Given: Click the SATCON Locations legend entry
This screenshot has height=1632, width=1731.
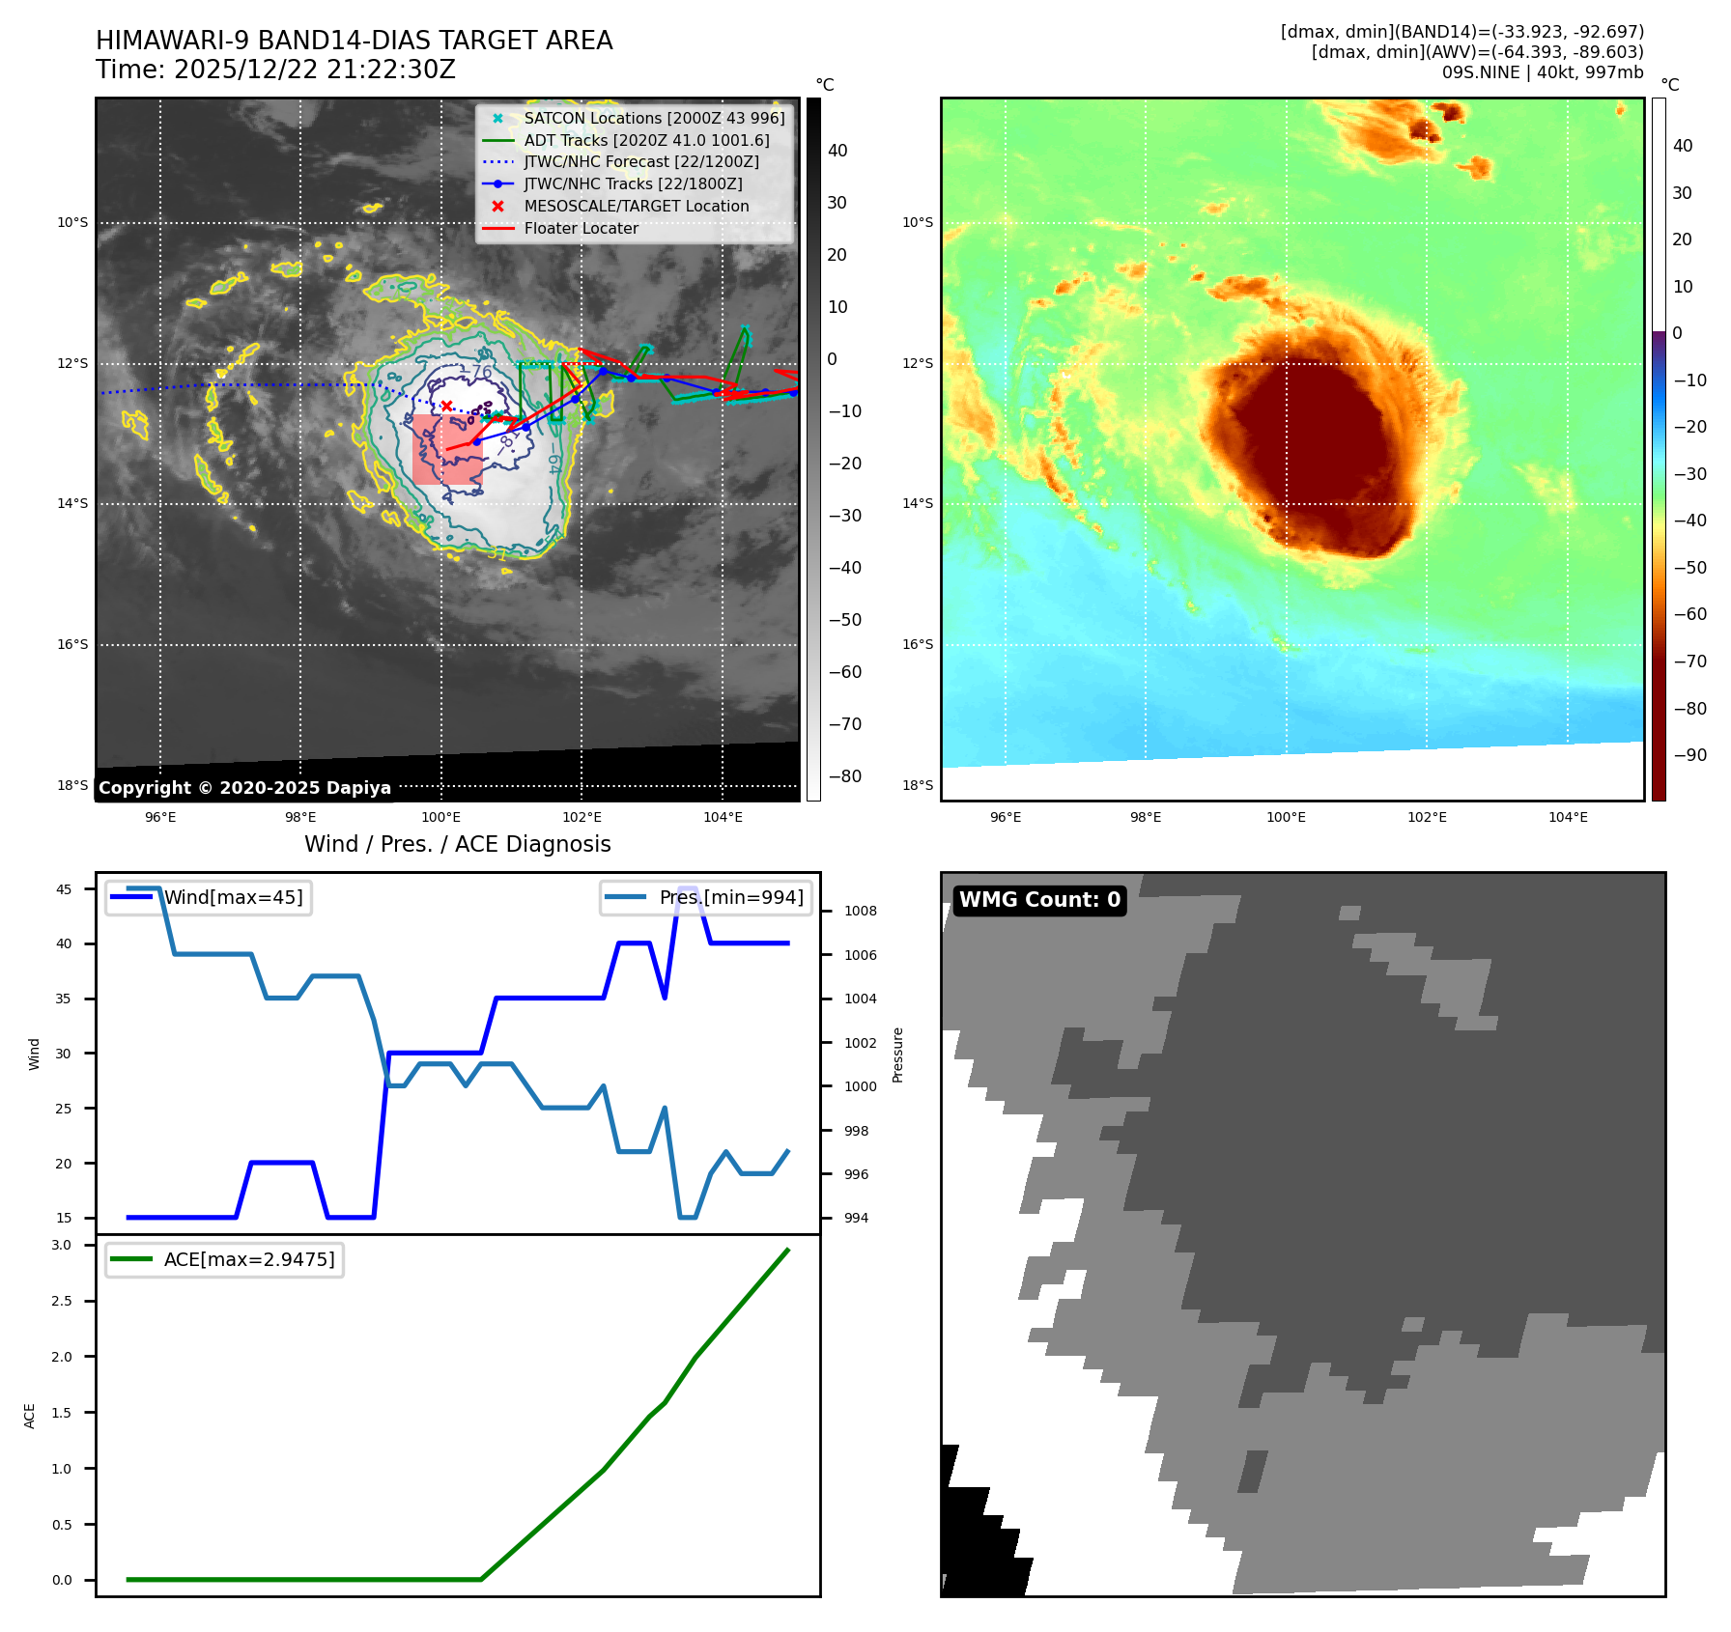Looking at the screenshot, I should pos(654,118).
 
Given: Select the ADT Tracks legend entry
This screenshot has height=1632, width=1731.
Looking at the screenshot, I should pos(646,140).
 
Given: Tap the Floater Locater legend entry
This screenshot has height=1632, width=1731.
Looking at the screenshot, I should pos(581,228).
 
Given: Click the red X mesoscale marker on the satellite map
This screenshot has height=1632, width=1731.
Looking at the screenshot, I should pos(446,406).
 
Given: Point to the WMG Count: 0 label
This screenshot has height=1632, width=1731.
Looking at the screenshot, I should pos(1039,900).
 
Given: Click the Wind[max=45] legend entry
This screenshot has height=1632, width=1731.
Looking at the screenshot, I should pos(233,897).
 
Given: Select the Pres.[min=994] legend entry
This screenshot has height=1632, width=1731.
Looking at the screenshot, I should pos(730,897).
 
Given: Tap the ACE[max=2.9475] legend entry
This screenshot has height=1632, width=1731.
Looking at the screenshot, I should pos(249,1259).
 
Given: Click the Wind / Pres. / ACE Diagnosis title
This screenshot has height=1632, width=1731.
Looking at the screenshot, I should pos(458,844).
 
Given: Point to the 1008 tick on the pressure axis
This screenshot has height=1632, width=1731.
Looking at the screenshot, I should pos(860,911).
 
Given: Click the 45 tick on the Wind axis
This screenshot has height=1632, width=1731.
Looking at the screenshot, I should pos(64,889).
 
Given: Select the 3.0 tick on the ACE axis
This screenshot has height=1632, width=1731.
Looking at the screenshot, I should pos(62,1245).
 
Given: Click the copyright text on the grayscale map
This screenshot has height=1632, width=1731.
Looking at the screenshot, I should pos(244,788).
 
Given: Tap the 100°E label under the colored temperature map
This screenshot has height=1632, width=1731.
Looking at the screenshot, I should pos(1286,817).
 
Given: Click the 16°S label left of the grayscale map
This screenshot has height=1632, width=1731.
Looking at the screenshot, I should pos(72,644).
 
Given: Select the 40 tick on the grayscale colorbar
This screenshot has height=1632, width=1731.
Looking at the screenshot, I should pos(837,151).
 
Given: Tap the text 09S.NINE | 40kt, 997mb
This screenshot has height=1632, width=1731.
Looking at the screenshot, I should pos(1542,72).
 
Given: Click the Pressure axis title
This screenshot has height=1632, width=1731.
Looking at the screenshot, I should pos(897,1055).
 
